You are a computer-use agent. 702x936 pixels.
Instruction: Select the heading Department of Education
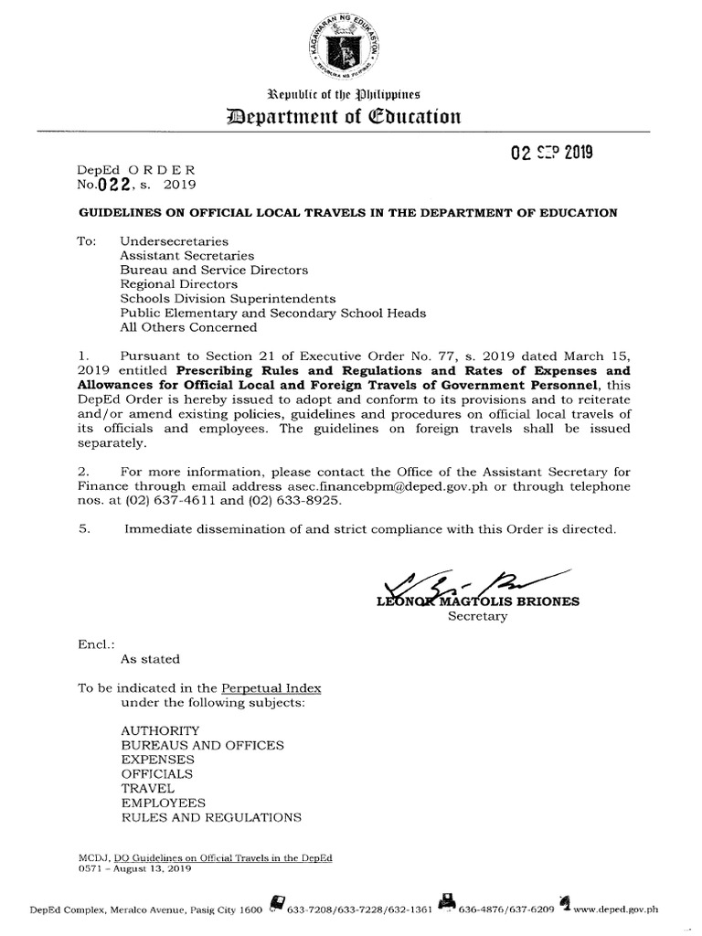coord(350,116)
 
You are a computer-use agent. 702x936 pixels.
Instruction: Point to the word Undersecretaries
coord(169,242)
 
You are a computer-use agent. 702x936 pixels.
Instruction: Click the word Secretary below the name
coord(476,617)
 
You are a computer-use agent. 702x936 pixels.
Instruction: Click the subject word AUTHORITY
coord(159,731)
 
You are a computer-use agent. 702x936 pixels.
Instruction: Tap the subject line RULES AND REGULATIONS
coord(210,816)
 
